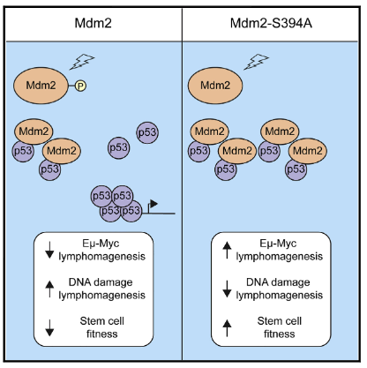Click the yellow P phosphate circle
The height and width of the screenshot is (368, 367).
(x=80, y=86)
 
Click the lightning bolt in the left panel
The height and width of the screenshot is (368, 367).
(x=82, y=62)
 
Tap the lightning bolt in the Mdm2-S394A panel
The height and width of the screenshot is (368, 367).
(x=256, y=62)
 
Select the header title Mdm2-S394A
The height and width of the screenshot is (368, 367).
(x=271, y=23)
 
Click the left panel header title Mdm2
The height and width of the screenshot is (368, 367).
(x=93, y=23)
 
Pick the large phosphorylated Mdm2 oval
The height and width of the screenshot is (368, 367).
(x=41, y=86)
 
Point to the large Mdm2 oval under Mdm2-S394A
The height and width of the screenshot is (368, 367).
(x=215, y=86)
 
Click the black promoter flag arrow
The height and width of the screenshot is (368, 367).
(x=153, y=205)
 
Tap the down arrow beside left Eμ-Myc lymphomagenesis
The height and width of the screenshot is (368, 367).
(x=49, y=250)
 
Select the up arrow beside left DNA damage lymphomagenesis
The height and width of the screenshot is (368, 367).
(x=49, y=289)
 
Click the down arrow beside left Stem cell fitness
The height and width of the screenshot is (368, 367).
(x=49, y=327)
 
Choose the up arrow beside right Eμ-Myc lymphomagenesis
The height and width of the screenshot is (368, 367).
(x=227, y=250)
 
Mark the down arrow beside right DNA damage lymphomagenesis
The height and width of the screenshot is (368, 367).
(x=227, y=289)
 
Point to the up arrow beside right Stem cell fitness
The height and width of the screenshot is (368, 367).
(x=227, y=327)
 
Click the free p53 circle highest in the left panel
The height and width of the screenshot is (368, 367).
(x=147, y=132)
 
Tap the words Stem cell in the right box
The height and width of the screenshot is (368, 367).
(x=280, y=321)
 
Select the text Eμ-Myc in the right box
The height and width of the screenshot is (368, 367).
(x=278, y=244)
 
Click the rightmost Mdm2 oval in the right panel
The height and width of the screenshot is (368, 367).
(x=308, y=151)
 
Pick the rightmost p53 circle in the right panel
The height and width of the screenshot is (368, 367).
(x=296, y=169)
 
